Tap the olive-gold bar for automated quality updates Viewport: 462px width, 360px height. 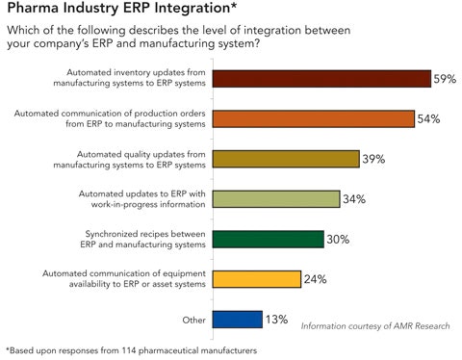(285, 159)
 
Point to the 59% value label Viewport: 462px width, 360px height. (444, 79)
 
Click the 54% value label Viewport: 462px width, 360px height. (428, 119)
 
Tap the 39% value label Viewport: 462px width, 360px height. (373, 159)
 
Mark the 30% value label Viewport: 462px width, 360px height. (339, 239)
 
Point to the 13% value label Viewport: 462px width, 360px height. (277, 319)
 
